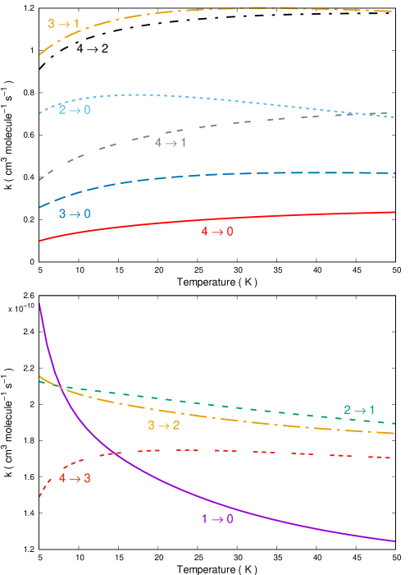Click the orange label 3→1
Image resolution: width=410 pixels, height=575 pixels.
(x=63, y=24)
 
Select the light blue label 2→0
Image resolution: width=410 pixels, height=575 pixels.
(x=75, y=109)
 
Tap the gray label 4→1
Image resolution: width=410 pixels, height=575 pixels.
(x=171, y=143)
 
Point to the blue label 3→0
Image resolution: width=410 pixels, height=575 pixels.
(x=75, y=214)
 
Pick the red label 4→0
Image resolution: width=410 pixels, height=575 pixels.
(x=217, y=232)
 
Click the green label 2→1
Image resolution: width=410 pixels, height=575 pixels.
(x=359, y=410)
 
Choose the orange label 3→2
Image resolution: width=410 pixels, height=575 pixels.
(x=163, y=425)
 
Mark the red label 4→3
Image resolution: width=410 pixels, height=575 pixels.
(x=75, y=478)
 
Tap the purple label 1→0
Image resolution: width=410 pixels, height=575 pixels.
(x=217, y=518)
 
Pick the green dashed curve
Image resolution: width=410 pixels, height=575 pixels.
(x=246, y=407)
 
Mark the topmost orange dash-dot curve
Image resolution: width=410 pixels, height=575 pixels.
(x=246, y=8)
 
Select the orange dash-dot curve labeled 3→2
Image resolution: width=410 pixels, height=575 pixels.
(x=246, y=420)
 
